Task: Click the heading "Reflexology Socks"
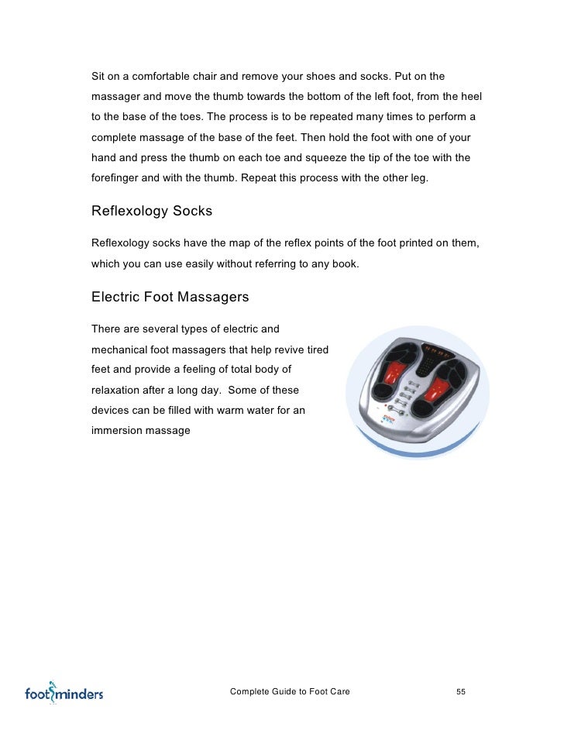click(x=152, y=211)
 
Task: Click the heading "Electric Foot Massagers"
click(x=170, y=297)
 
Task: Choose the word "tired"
click(x=315, y=350)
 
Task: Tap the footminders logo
click(x=64, y=692)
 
